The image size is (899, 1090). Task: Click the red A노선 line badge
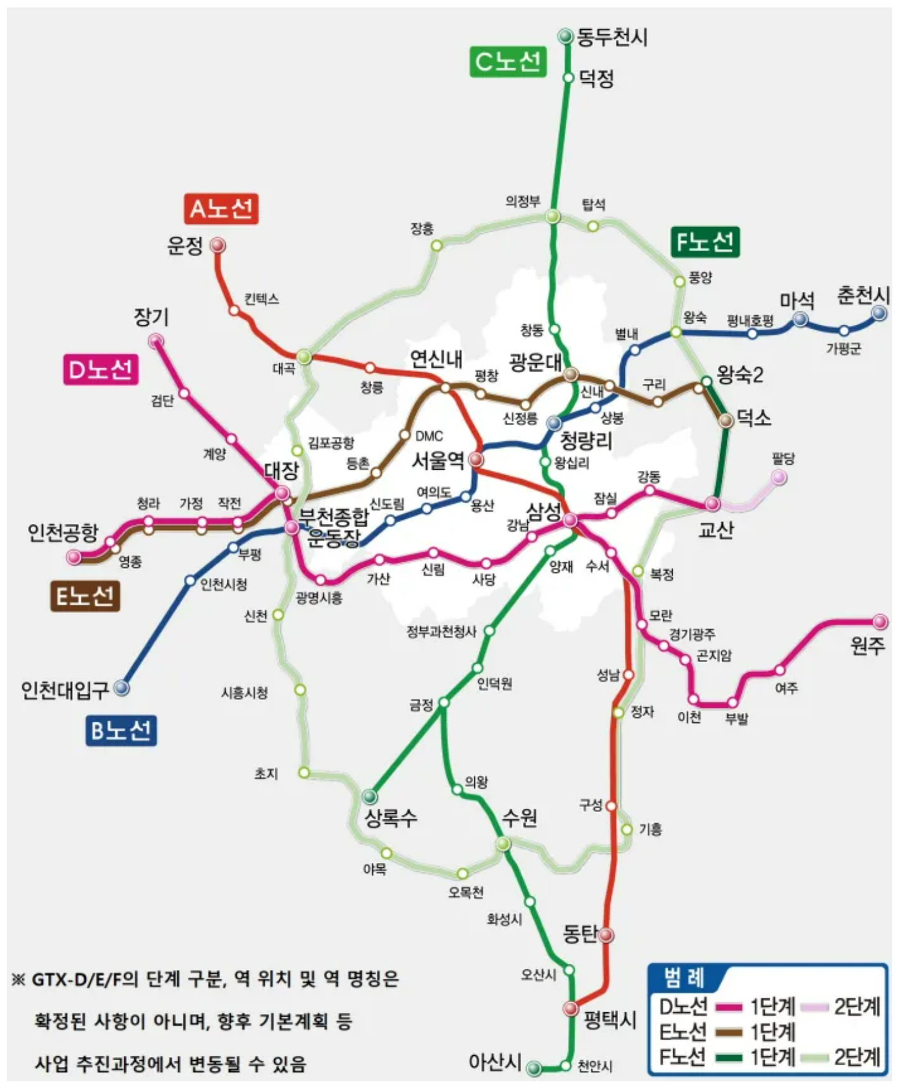click(221, 208)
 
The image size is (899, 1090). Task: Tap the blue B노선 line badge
click(121, 730)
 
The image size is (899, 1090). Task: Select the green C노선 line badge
click(507, 62)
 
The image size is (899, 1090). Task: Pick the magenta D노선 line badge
click(101, 370)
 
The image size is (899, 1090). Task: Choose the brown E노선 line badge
click(85, 596)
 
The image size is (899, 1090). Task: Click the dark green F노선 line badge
click(705, 241)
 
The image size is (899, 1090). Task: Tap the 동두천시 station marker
click(565, 37)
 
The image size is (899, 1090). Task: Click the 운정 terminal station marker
click(217, 245)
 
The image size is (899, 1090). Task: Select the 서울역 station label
click(438, 460)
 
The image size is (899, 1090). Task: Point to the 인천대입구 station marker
click(121, 687)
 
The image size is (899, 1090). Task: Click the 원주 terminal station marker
click(880, 621)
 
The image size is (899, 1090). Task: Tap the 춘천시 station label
click(863, 294)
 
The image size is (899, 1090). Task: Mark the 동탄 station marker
click(606, 934)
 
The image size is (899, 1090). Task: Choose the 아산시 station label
click(495, 1061)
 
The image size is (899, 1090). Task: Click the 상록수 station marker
click(370, 796)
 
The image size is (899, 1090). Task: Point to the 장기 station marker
click(155, 340)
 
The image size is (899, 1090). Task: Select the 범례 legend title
click(683, 979)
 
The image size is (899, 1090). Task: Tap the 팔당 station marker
click(778, 477)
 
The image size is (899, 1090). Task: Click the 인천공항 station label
click(63, 533)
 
